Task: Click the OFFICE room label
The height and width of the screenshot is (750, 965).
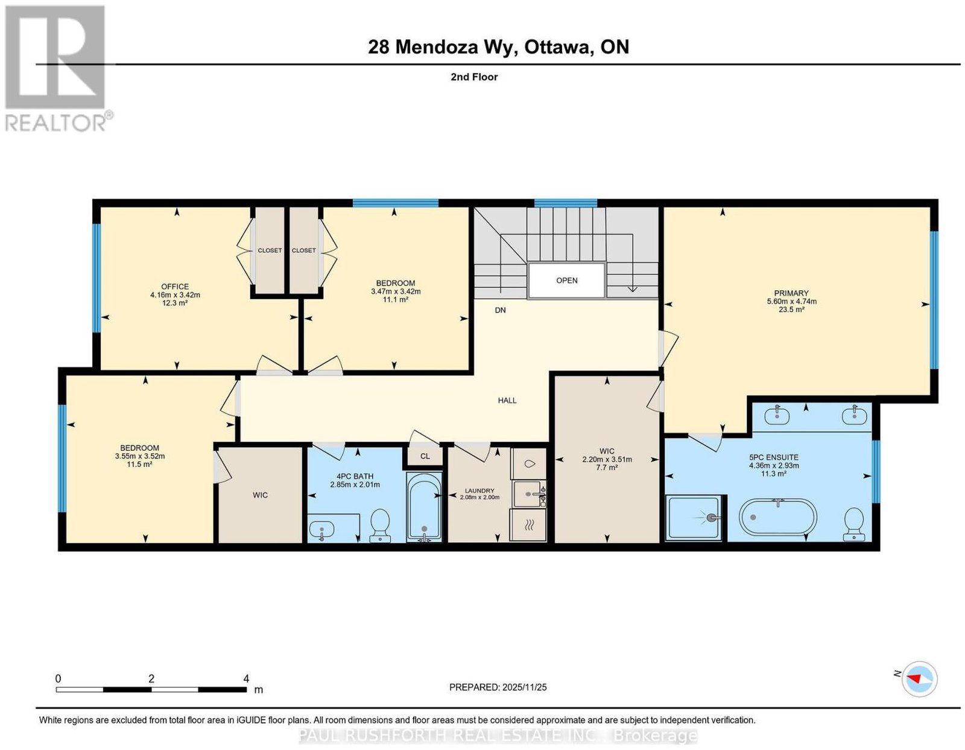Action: pyautogui.click(x=174, y=287)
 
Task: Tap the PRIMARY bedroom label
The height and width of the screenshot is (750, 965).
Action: pyautogui.click(x=791, y=293)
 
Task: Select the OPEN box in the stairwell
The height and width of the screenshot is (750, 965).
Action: pyautogui.click(x=566, y=280)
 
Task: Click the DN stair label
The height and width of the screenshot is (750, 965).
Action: pyautogui.click(x=500, y=310)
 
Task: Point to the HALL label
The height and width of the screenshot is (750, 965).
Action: pyautogui.click(x=507, y=400)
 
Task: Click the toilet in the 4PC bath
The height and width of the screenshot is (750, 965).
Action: pyautogui.click(x=380, y=526)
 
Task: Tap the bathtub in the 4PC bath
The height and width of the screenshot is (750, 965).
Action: pyautogui.click(x=425, y=507)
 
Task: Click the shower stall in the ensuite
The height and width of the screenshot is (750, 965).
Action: pyautogui.click(x=693, y=518)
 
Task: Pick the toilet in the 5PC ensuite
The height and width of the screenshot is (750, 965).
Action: pyautogui.click(x=854, y=524)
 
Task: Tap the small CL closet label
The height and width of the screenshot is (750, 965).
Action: pyautogui.click(x=425, y=456)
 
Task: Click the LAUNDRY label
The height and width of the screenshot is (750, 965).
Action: pyautogui.click(x=479, y=491)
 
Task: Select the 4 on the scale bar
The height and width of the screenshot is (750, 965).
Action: pyautogui.click(x=246, y=679)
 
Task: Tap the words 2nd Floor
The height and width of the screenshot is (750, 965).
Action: pyautogui.click(x=474, y=77)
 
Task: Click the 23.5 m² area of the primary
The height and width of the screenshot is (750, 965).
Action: pyautogui.click(x=791, y=310)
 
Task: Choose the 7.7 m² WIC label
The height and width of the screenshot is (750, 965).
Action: pyautogui.click(x=607, y=468)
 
